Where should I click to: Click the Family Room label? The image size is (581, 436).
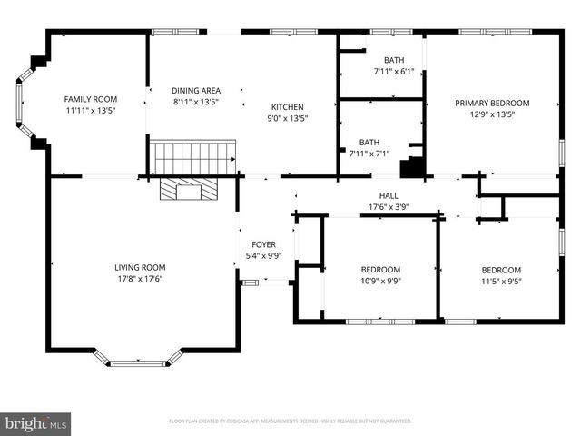pyautogui.click(x=91, y=99)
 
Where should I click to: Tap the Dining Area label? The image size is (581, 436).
pyautogui.click(x=196, y=91)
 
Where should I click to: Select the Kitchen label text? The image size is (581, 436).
pyautogui.click(x=286, y=106)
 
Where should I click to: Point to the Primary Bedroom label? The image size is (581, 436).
pyautogui.click(x=492, y=104)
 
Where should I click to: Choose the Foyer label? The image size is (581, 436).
pyautogui.click(x=263, y=244)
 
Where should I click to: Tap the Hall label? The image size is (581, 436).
pyautogui.click(x=389, y=195)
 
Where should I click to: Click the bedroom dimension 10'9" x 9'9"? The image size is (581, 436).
pyautogui.click(x=380, y=281)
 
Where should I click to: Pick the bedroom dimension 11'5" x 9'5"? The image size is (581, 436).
pyautogui.click(x=501, y=281)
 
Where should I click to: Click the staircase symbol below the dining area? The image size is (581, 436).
pyautogui.click(x=192, y=158)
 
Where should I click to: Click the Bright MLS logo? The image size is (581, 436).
pyautogui.click(x=36, y=423)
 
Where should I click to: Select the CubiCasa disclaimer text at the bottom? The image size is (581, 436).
pyautogui.click(x=290, y=421)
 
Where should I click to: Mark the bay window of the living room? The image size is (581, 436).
pyautogui.click(x=138, y=361)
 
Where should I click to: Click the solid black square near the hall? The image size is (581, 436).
pyautogui.click(x=412, y=169)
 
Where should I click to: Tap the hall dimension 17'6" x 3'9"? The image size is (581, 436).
pyautogui.click(x=389, y=206)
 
